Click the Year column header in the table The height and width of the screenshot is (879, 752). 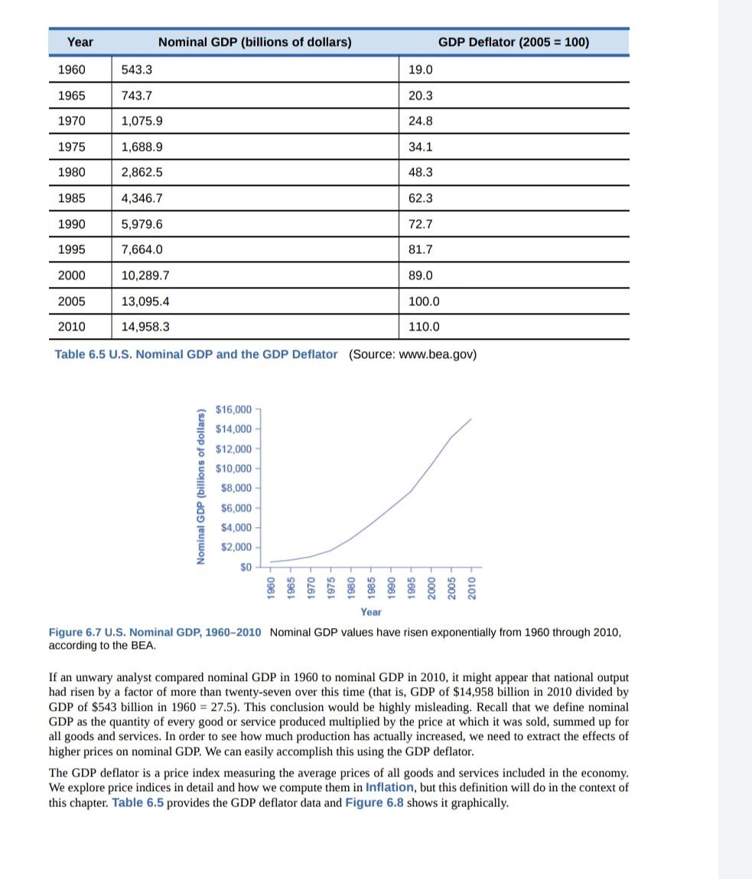[x=80, y=42]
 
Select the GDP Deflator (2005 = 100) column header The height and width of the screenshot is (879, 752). [x=513, y=42]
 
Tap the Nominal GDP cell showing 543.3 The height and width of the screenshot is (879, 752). [x=137, y=70]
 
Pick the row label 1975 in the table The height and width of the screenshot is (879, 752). [x=72, y=147]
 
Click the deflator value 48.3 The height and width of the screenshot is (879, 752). [x=421, y=173]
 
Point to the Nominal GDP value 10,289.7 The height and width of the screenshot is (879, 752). [x=145, y=275]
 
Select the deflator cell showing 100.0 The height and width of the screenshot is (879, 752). [x=424, y=301]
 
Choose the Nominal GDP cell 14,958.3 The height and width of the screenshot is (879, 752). [x=145, y=327]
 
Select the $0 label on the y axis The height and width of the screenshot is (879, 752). [x=246, y=567]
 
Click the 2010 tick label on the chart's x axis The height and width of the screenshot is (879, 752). [x=471, y=588]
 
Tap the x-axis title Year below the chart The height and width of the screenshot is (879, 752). [x=370, y=612]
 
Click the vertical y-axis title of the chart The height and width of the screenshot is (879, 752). [x=202, y=487]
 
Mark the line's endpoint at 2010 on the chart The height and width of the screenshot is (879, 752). [x=470, y=419]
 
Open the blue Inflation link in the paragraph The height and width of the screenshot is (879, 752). [x=389, y=787]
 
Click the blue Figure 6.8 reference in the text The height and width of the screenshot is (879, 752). [x=376, y=802]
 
